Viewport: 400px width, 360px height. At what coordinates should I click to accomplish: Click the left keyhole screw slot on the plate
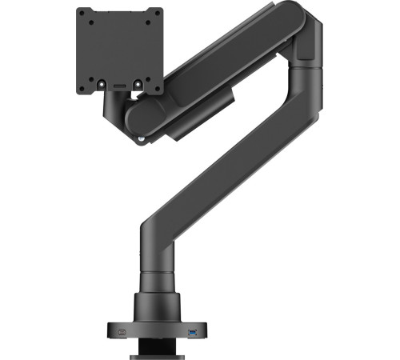coord(103,82)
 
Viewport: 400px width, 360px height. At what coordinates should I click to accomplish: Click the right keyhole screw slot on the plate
coord(137,82)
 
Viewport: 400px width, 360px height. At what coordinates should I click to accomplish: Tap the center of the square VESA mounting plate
coord(120,50)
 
